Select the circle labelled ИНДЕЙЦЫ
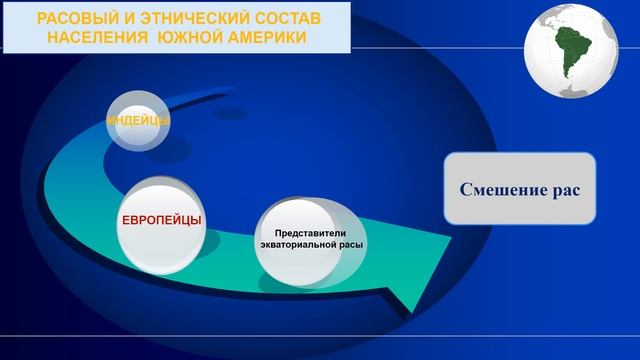(138, 121)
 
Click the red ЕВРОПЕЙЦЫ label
(162, 219)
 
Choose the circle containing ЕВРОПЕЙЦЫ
(162, 222)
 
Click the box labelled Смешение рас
(519, 188)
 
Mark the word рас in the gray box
(564, 188)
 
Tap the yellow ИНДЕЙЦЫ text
(138, 121)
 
